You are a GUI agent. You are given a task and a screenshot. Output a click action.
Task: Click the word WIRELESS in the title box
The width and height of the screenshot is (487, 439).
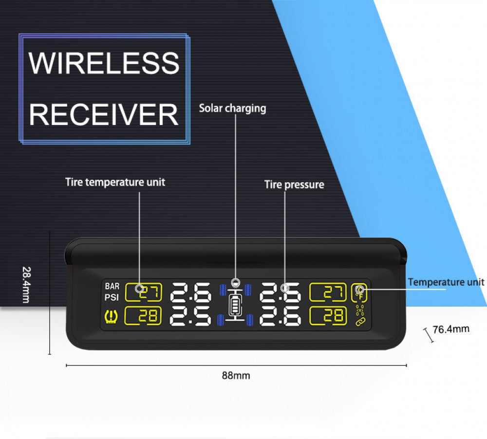coord(104,62)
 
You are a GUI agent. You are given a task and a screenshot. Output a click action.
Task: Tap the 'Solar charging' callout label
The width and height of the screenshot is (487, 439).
coord(232,108)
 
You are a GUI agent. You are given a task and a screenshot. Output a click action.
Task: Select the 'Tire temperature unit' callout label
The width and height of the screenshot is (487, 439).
coord(115,183)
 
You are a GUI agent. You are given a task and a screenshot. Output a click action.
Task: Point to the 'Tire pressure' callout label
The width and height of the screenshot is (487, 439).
coord(294,184)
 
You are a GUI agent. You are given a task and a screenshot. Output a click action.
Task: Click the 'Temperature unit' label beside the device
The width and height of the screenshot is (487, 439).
coord(446,282)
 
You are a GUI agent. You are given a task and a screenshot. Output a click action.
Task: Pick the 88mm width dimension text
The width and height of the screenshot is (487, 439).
coord(236,375)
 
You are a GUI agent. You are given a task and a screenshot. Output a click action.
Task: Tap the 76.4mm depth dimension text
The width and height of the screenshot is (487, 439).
coord(451,329)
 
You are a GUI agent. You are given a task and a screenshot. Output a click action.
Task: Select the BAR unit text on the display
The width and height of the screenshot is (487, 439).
coord(112,286)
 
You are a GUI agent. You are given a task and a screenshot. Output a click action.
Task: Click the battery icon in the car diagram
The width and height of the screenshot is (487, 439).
coord(236,307)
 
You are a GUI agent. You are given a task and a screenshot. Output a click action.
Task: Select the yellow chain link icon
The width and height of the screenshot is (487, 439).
coord(360,321)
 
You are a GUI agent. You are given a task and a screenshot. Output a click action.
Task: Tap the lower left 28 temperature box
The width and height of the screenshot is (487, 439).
coord(143,316)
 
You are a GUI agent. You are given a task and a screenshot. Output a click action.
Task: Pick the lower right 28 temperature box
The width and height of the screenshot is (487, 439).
coord(328,316)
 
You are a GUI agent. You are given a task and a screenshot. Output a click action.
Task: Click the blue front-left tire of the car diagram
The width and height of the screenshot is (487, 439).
coord(223,290)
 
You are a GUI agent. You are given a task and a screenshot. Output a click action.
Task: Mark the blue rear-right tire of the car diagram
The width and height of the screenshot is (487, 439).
coord(250,320)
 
